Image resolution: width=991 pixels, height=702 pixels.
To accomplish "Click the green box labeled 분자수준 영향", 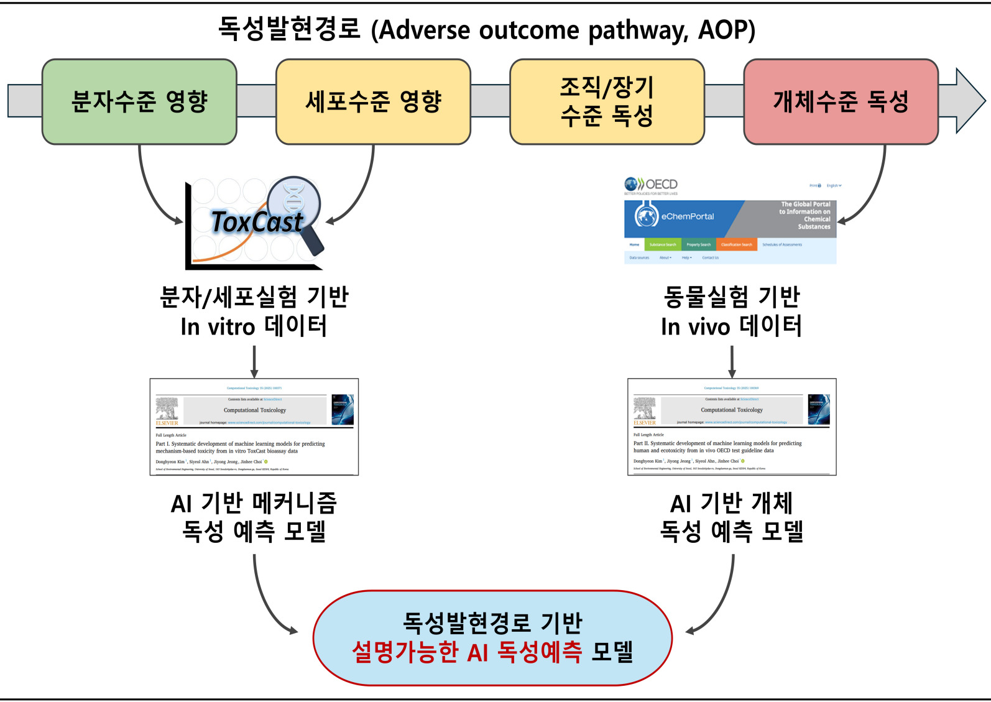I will pos(139,102).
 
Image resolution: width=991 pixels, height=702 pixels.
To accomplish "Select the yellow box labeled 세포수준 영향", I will pos(373,102).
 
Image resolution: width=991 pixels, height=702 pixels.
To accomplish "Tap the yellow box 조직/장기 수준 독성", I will pos(607,102).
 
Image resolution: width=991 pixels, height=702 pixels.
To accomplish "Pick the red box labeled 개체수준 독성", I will pos(841,102).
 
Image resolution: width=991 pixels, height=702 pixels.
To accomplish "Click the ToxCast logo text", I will pos(256,222).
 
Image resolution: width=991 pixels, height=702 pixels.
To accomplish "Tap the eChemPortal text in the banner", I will pos(687,216).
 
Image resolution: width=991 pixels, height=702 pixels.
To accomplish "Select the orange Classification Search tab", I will pos(736,244).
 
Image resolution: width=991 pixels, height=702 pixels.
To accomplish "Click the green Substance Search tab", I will pos(663,244).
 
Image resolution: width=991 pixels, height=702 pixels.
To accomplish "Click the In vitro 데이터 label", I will pos(254,326).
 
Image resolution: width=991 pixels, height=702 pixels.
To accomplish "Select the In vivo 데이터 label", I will pos(731,326).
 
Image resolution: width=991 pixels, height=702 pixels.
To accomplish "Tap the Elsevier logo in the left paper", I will pos(167,411).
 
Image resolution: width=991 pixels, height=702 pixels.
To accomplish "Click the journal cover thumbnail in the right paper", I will pos(819,409).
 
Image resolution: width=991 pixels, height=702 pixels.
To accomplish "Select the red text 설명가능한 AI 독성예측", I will pos(467,652).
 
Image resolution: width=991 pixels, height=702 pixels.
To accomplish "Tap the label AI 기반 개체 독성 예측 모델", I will pos(731,517).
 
